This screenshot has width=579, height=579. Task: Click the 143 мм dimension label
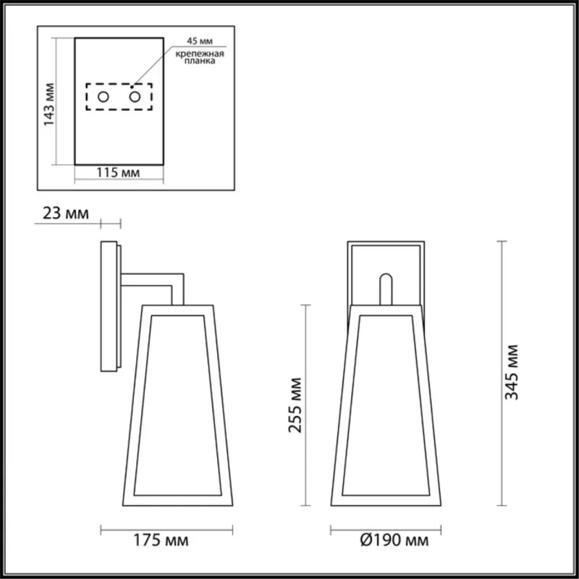(x=50, y=105)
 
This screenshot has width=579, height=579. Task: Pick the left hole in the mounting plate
(x=103, y=96)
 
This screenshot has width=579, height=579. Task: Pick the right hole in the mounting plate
(x=135, y=96)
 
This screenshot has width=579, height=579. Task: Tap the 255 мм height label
(x=294, y=405)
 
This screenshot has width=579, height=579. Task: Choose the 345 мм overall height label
(x=512, y=373)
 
